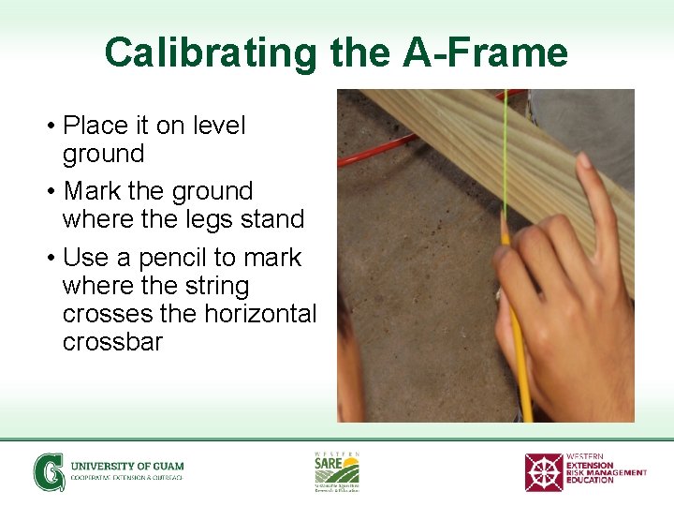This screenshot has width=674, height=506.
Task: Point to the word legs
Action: (195, 220)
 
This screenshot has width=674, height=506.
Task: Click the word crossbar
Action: (112, 342)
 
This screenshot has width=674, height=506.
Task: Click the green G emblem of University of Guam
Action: (49, 471)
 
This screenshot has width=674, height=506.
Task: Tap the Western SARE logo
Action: (336, 470)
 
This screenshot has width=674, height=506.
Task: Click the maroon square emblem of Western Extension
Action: (543, 472)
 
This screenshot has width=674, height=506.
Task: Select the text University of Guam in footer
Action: (127, 466)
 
